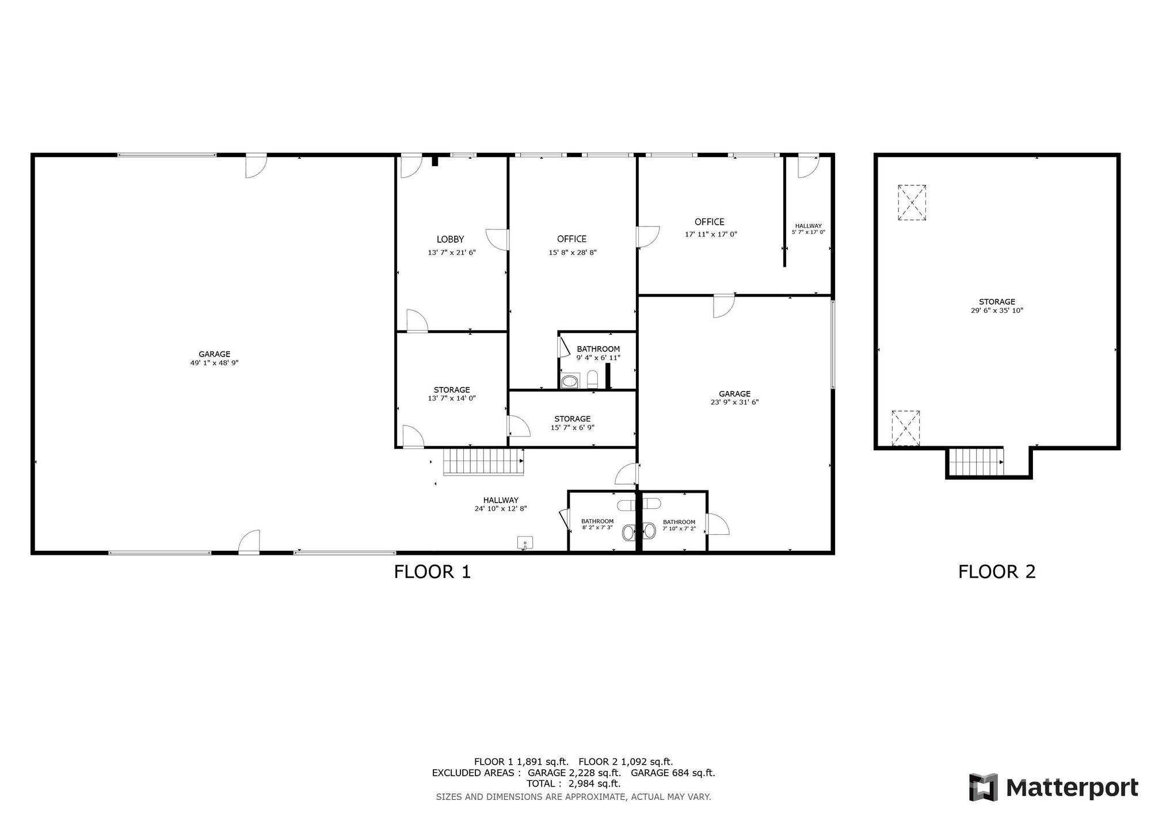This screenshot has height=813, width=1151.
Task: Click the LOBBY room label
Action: (x=450, y=239)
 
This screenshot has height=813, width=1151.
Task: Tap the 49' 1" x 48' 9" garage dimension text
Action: (x=214, y=363)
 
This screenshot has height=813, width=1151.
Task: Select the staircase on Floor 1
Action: (x=483, y=462)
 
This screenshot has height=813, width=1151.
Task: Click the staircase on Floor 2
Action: (x=975, y=462)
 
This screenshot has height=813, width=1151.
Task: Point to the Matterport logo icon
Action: (x=984, y=787)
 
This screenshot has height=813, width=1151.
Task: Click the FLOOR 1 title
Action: (x=432, y=572)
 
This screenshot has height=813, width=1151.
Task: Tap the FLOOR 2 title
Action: (x=997, y=572)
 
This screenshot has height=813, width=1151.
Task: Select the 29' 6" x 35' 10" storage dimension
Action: (x=997, y=310)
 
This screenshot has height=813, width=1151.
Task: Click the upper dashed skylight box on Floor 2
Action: (x=912, y=202)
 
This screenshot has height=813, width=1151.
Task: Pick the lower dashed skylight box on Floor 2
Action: (x=905, y=428)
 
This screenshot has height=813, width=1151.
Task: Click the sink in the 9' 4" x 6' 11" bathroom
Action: (x=570, y=381)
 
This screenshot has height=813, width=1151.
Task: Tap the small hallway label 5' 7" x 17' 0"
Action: (x=808, y=232)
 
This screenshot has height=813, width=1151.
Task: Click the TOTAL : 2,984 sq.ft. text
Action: (x=573, y=784)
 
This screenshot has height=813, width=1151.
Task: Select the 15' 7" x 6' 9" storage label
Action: (x=572, y=427)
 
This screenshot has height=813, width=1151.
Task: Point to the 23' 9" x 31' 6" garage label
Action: (x=734, y=402)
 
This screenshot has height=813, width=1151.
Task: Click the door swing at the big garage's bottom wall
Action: (x=250, y=542)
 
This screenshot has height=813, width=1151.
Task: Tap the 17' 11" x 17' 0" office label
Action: (x=711, y=234)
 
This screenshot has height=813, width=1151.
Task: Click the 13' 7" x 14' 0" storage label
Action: (x=452, y=398)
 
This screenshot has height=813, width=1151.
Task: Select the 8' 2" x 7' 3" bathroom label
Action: (x=597, y=527)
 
